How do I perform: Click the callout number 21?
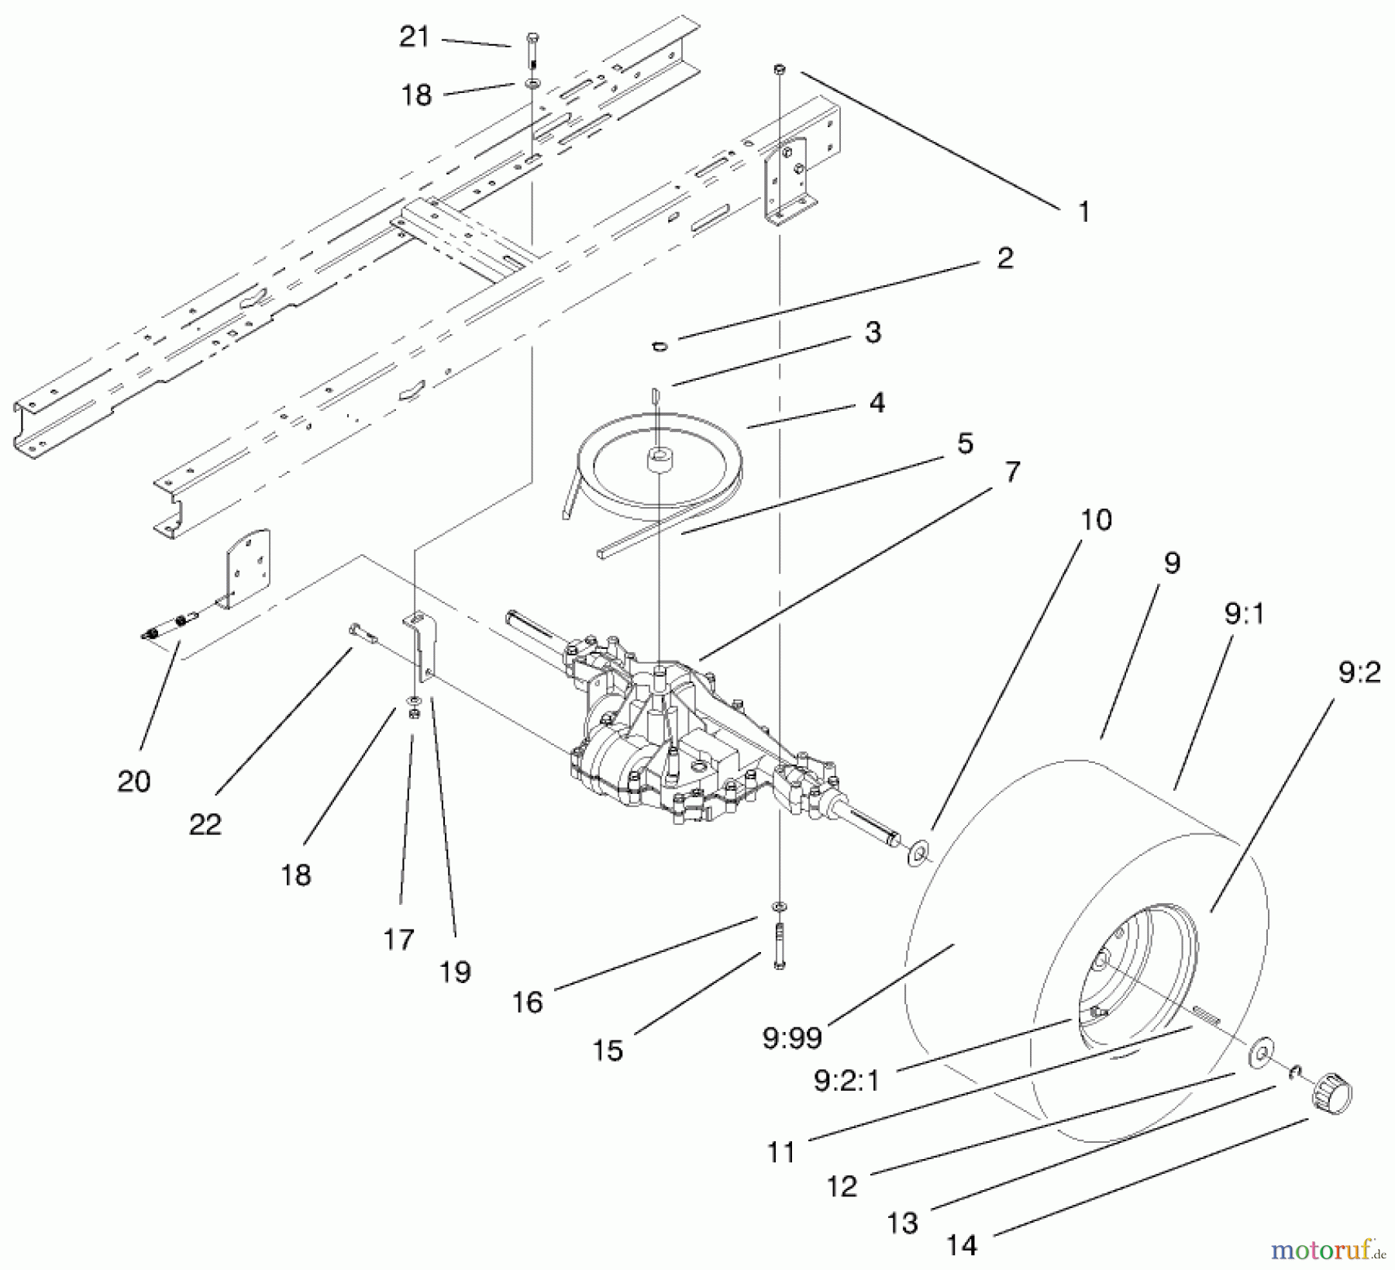414,36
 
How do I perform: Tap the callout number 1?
1083,211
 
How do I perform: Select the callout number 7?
1012,471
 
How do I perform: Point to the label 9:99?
791,1038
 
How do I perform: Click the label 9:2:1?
846,1080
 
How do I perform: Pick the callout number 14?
962,1245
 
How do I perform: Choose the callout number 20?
133,781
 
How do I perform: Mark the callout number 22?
205,823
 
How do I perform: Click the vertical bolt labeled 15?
779,945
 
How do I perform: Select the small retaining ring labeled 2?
660,346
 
